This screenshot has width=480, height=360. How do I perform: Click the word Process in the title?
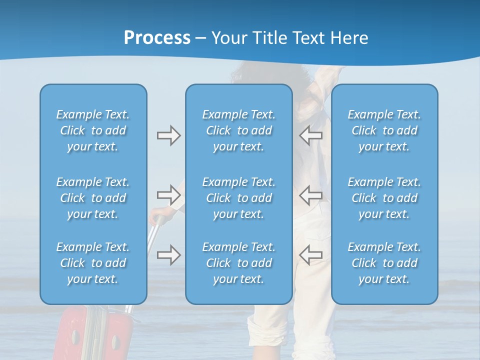point(157,38)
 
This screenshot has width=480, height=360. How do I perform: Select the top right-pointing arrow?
point(168,135)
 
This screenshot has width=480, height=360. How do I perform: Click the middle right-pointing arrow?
point(168,194)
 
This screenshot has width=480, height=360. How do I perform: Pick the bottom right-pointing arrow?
point(168,254)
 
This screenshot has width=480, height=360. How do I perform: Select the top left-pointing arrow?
point(311,135)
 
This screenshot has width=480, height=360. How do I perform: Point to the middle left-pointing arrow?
point(311,194)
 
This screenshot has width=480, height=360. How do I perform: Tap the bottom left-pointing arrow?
point(311,254)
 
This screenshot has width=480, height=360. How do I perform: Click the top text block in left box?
point(93,130)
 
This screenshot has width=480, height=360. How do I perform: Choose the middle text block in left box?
point(93,198)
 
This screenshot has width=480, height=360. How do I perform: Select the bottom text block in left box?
point(93,263)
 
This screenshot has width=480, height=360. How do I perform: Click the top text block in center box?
point(238,130)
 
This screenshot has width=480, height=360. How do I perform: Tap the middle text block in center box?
point(238,198)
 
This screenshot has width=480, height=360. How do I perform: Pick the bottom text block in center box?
point(238,263)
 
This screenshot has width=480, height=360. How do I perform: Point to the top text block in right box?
point(384,130)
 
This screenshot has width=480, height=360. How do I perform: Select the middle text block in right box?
point(384,198)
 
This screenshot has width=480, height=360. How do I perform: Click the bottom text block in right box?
point(384,263)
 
